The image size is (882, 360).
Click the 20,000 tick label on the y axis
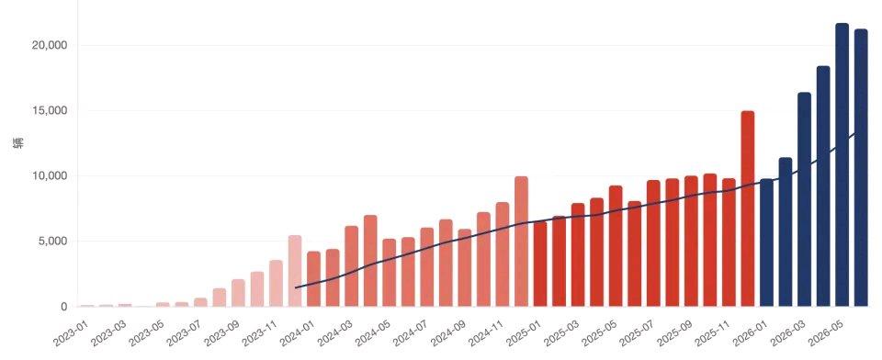(x=49, y=45)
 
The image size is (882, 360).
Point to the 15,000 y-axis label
(x=49, y=110)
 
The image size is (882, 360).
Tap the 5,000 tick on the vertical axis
(x=51, y=242)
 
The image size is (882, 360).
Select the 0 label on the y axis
(x=64, y=307)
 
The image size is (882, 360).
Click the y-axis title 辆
(x=18, y=143)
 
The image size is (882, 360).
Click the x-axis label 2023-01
(x=72, y=333)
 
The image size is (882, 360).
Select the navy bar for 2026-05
(x=842, y=164)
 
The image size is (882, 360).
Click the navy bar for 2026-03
(x=805, y=199)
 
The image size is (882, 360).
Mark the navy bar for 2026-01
(x=766, y=242)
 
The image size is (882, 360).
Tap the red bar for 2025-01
(x=540, y=264)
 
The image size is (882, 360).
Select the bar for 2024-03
(x=351, y=266)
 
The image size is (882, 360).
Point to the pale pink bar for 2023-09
(x=238, y=293)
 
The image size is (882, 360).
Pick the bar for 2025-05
(x=616, y=246)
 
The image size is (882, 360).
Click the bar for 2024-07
(x=427, y=267)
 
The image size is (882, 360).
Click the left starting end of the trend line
(x=296, y=287)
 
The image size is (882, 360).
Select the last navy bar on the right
(x=861, y=168)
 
